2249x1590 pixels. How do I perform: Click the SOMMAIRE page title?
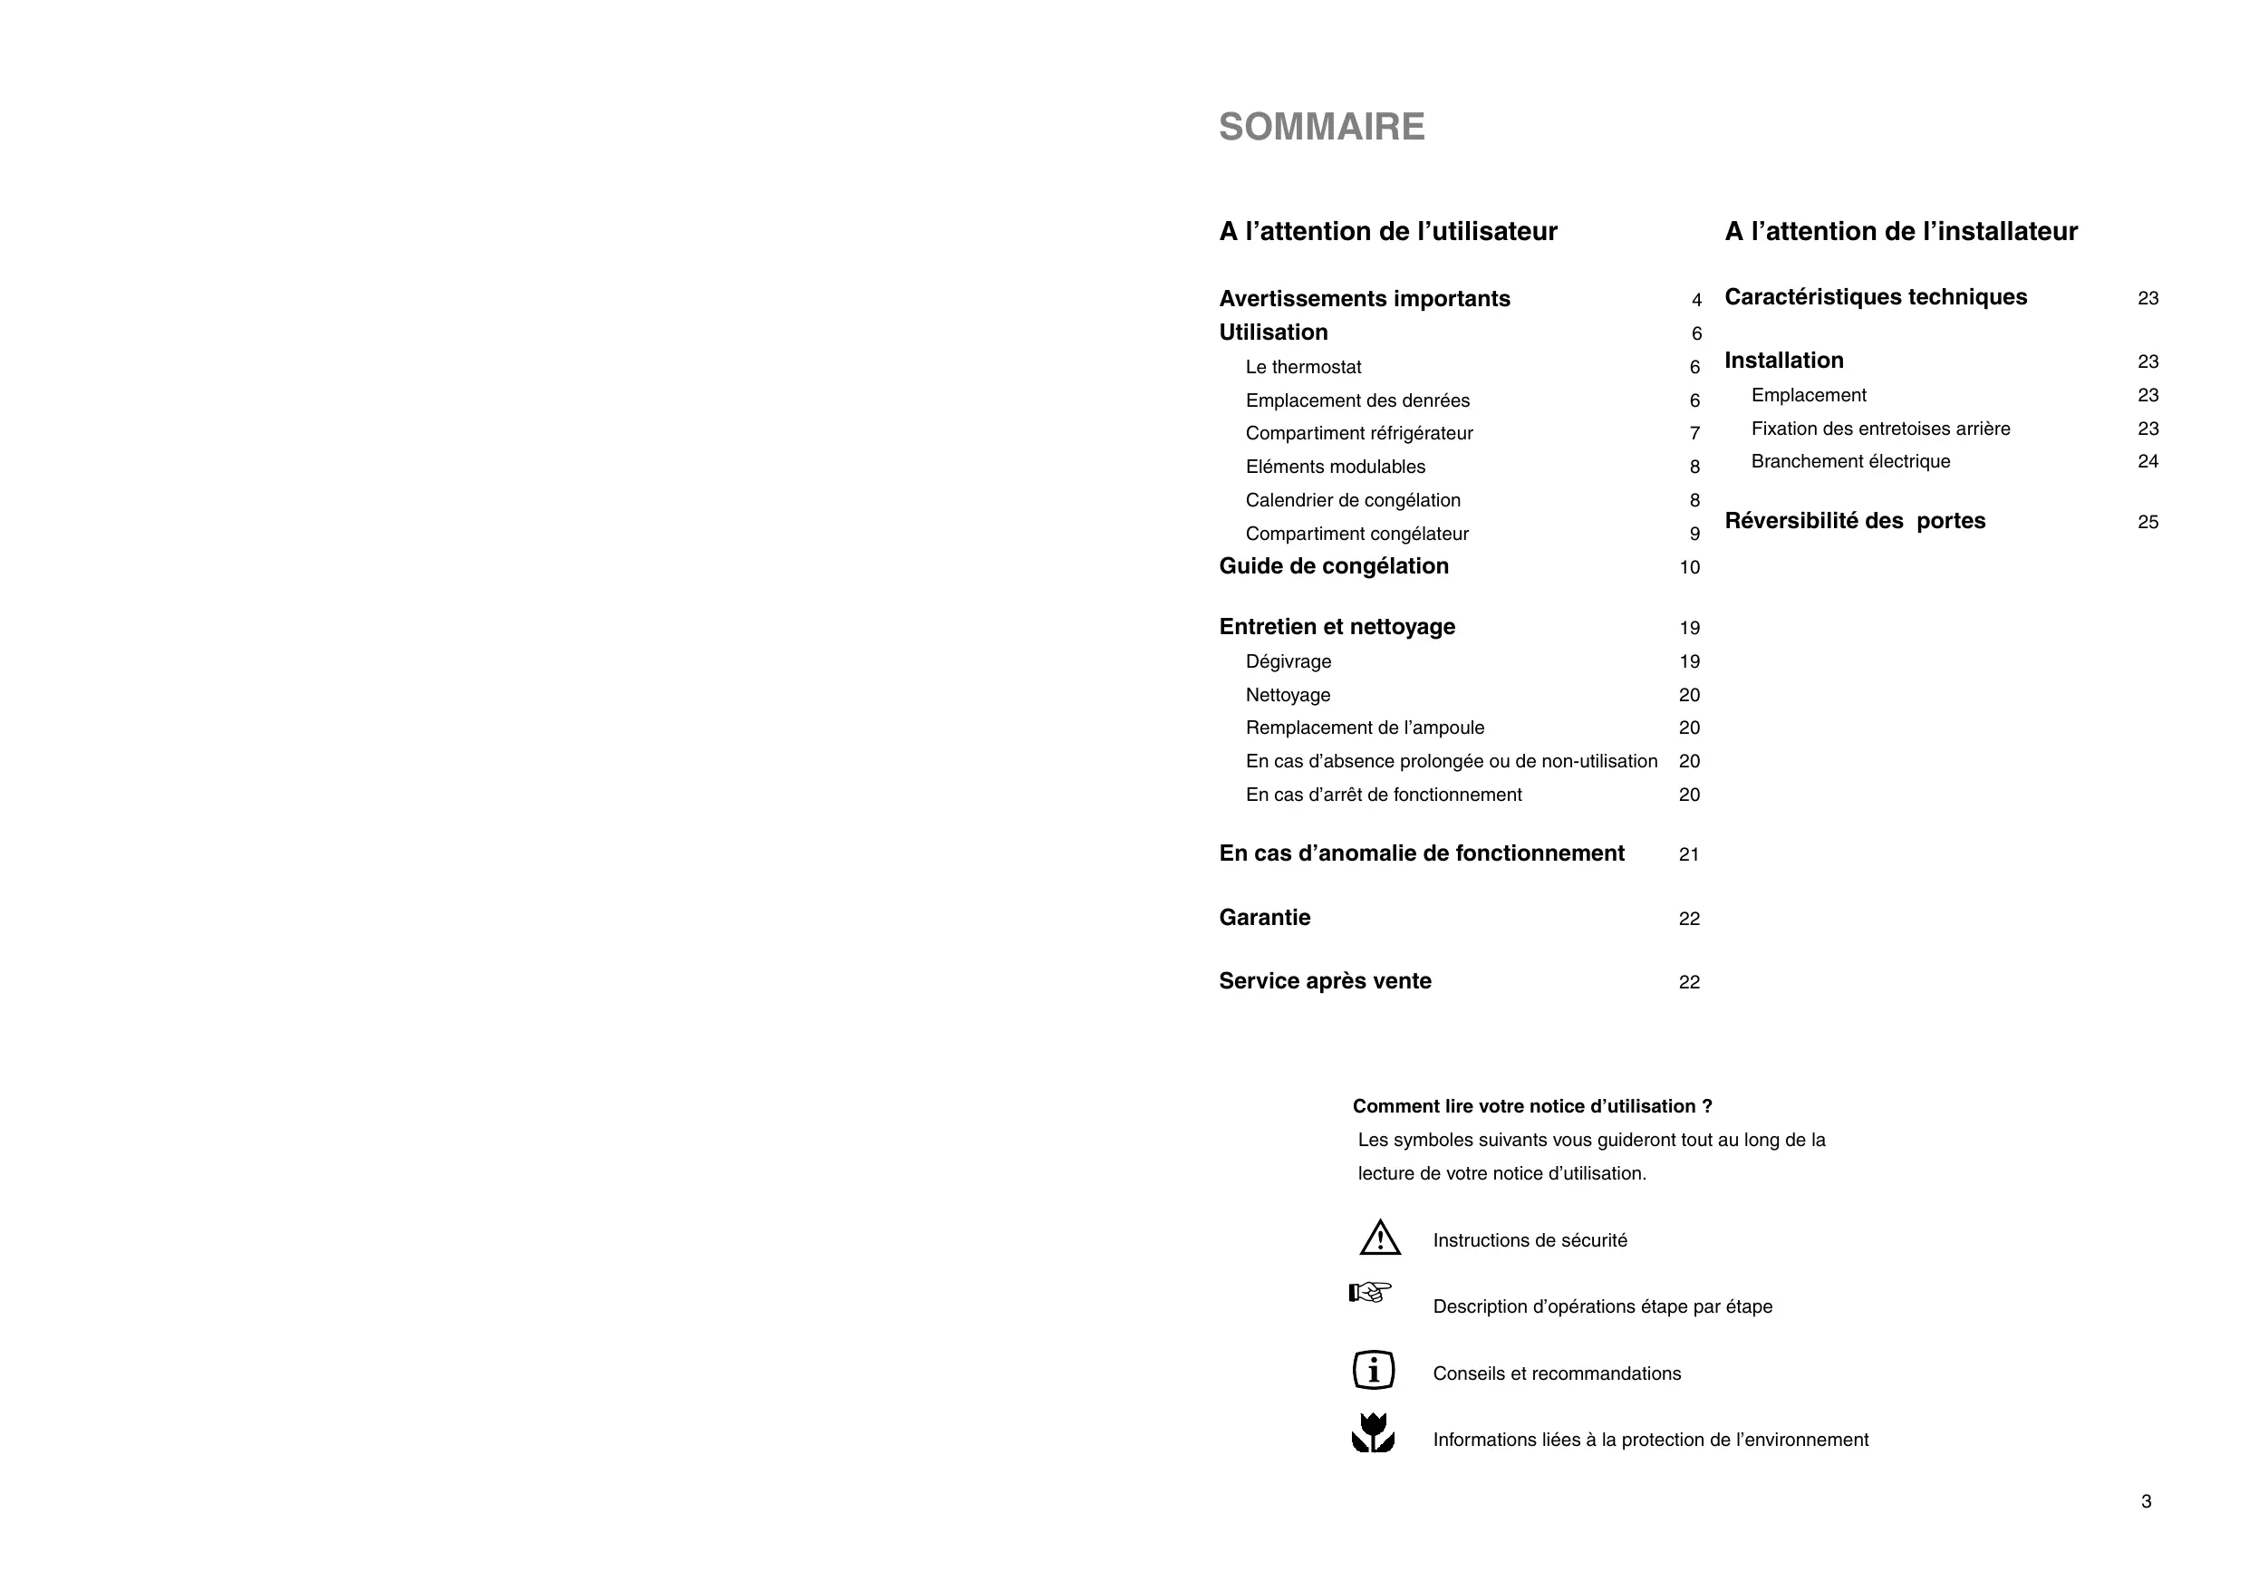pyautogui.click(x=1321, y=128)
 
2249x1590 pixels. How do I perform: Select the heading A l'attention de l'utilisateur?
pyautogui.click(x=1387, y=231)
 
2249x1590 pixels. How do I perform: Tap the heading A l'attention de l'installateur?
pyautogui.click(x=1900, y=231)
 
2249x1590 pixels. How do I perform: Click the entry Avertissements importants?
pyautogui.click(x=1364, y=299)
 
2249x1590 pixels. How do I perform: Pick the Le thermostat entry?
pyautogui.click(x=1303, y=367)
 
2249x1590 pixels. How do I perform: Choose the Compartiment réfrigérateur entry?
pyautogui.click(x=1358, y=433)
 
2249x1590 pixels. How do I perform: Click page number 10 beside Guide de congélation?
pyautogui.click(x=1689, y=567)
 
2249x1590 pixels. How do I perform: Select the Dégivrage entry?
pyautogui.click(x=1289, y=661)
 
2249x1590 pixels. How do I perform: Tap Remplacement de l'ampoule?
pyautogui.click(x=1365, y=728)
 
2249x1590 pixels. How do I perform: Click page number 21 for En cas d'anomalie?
pyautogui.click(x=1689, y=854)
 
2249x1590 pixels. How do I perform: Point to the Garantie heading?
pyautogui.click(x=1265, y=917)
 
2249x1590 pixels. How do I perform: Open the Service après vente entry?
pyautogui.click(x=1325, y=980)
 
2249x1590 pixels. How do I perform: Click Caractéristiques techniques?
pyautogui.click(x=1875, y=297)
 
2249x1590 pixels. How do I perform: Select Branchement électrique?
pyautogui.click(x=1850, y=461)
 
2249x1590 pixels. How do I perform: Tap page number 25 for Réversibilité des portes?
pyautogui.click(x=2148, y=522)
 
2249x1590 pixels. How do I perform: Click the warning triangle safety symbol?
pyautogui.click(x=1379, y=1238)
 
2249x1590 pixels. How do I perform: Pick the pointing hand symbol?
pyautogui.click(x=1369, y=1293)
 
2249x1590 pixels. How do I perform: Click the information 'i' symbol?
pyautogui.click(x=1374, y=1370)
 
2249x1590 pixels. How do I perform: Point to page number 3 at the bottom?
pyautogui.click(x=2145, y=1501)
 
